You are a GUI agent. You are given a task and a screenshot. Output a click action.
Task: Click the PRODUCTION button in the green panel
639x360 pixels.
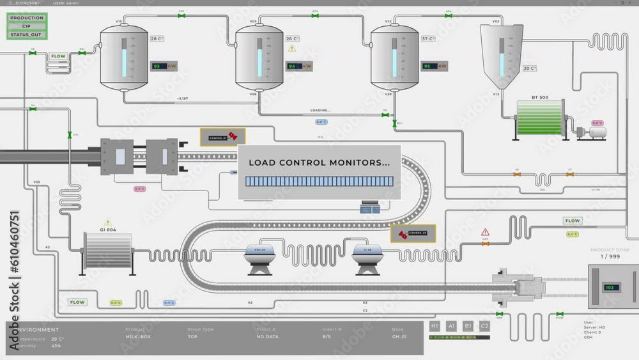pyautogui.click(x=27, y=18)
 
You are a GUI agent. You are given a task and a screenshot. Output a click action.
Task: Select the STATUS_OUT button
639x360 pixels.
pyautogui.click(x=27, y=35)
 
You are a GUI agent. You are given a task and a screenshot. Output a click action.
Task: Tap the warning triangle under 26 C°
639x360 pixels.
pyautogui.click(x=292, y=49)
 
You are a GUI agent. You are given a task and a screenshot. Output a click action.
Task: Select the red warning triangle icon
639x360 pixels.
pyautogui.click(x=485, y=232)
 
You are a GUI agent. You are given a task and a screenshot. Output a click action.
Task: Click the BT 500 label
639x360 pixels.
pyautogui.click(x=540, y=97)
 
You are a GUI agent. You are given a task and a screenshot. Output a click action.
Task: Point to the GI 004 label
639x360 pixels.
pyautogui.click(x=107, y=230)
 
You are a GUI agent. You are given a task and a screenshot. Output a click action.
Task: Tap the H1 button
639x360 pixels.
pyautogui.click(x=435, y=326)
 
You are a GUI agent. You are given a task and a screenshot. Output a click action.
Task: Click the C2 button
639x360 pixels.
pyautogui.click(x=484, y=326)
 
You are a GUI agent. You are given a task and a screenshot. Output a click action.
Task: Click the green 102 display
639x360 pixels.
pyautogui.click(x=609, y=288)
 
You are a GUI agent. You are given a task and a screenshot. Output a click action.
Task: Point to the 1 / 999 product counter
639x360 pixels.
pyautogui.click(x=609, y=256)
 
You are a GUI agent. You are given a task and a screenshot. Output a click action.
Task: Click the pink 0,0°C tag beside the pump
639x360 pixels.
pyautogui.click(x=597, y=123)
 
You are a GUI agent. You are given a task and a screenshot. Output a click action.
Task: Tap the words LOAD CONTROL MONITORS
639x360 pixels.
pyautogui.click(x=319, y=163)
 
